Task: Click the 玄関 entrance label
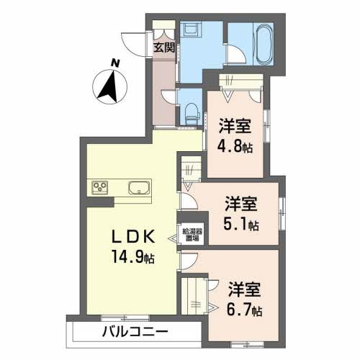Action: click(164, 48)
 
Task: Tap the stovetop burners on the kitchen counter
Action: click(99, 188)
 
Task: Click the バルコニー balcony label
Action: click(134, 333)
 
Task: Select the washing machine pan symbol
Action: click(192, 32)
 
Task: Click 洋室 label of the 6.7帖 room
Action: click(245, 290)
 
